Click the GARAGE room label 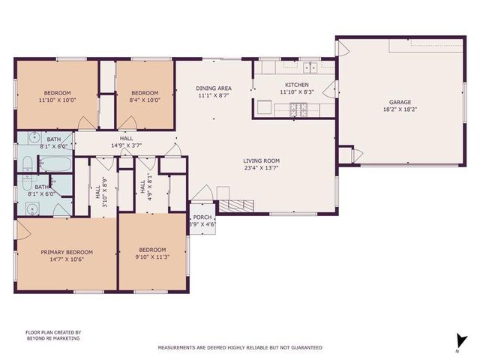click(399, 102)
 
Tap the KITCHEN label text click(295, 85)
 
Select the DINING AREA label click(214, 88)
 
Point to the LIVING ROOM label click(261, 160)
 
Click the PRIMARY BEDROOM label click(67, 252)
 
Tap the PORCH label click(200, 218)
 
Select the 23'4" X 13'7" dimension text click(261, 168)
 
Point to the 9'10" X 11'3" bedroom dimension click(152, 257)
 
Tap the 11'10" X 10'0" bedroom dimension click(58, 99)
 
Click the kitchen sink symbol click(310, 67)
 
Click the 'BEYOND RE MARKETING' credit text click(52, 338)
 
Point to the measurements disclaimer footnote click(239, 347)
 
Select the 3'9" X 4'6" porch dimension click(200, 224)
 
